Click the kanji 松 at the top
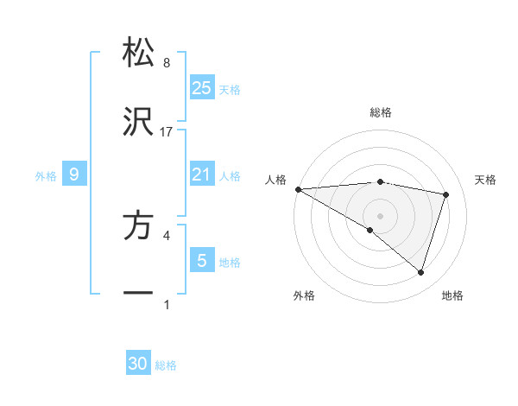pos(138,52)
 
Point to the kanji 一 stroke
pos(138,294)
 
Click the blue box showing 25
pos(202,87)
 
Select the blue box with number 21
pos(202,175)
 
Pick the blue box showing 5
pos(202,260)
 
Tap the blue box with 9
pos(74,175)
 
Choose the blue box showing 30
pos(138,364)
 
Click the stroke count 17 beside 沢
pos(167,132)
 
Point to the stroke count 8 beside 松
pos(167,63)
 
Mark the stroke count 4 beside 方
pos(167,234)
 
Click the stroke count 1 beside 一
pos(167,304)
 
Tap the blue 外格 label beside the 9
pos(46,176)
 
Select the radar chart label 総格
pos(381,112)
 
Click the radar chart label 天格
pos(486,180)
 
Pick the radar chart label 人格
pos(275,180)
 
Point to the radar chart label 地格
pos(452,295)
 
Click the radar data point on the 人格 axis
pos(298,189)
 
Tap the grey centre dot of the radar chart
pos(381,215)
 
